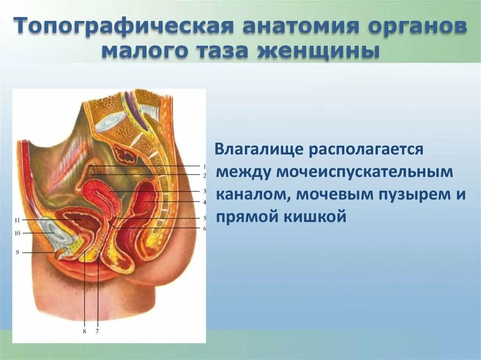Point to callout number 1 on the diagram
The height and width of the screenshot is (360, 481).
click(205, 166)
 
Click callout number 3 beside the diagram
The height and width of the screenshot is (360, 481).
click(205, 191)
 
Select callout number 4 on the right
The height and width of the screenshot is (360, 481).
click(205, 202)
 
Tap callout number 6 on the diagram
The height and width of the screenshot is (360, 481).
click(205, 229)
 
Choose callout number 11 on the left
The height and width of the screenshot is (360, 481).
click(17, 220)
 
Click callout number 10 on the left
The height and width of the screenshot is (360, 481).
click(17, 233)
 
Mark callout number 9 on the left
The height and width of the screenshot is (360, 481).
click(17, 253)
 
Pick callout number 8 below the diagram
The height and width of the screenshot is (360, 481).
click(84, 331)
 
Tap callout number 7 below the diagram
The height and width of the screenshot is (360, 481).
click(97, 331)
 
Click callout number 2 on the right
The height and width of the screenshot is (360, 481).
click(205, 175)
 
